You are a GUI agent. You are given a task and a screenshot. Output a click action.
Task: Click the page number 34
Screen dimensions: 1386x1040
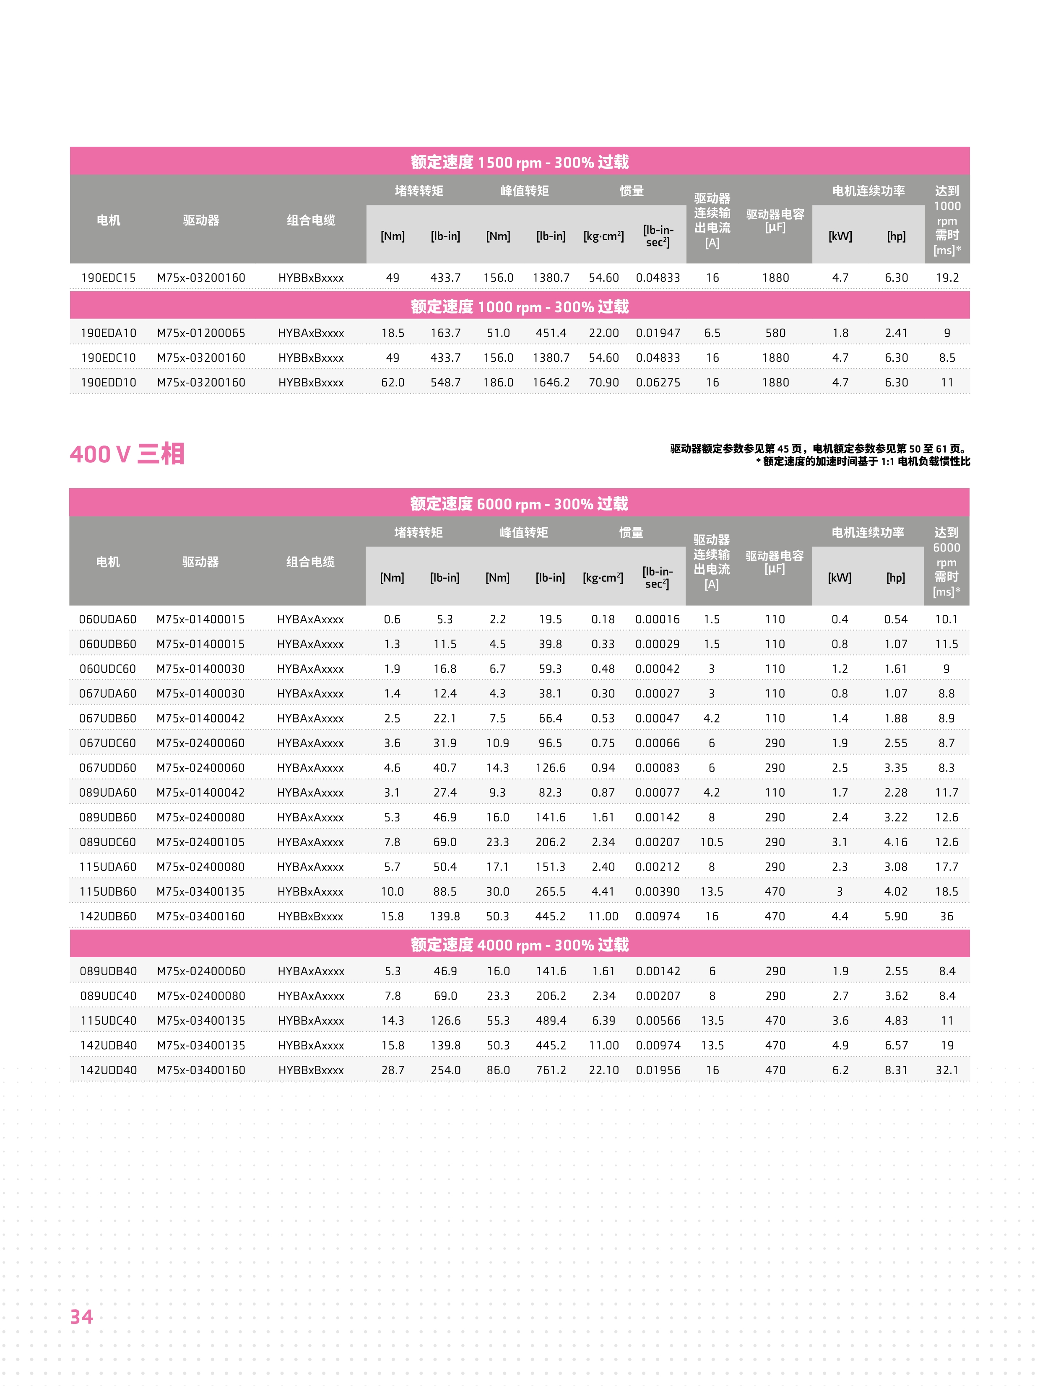[x=81, y=1316]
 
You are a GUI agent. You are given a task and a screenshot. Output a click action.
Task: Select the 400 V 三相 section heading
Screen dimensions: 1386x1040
[x=127, y=453]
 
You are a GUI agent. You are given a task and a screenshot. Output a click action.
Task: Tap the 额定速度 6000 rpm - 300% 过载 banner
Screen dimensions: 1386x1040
[x=519, y=503]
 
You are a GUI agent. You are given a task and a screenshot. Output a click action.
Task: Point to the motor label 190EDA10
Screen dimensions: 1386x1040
[x=109, y=333]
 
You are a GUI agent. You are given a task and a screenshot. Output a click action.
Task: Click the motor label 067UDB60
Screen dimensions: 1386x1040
[x=108, y=718]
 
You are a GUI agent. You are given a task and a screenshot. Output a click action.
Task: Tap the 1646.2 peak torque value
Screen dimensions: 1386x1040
[x=551, y=382]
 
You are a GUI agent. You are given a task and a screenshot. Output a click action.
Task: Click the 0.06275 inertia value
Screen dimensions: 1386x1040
[x=658, y=382]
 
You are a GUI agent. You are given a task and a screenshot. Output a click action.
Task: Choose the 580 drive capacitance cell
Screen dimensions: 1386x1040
[x=775, y=333]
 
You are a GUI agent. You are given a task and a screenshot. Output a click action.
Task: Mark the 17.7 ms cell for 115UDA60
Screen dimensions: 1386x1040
[x=946, y=867]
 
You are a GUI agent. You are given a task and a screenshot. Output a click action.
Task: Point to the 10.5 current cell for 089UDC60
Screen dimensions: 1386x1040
[x=712, y=842]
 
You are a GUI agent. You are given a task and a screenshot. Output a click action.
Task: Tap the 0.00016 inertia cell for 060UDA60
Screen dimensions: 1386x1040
[x=657, y=619]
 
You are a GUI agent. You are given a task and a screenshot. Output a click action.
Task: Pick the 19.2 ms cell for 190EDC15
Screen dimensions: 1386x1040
[x=946, y=277]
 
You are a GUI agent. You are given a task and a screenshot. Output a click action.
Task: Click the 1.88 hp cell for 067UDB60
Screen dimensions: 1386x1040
[x=896, y=718]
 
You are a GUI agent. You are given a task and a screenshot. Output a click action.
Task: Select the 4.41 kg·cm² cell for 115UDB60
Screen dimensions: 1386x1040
[x=603, y=891]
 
